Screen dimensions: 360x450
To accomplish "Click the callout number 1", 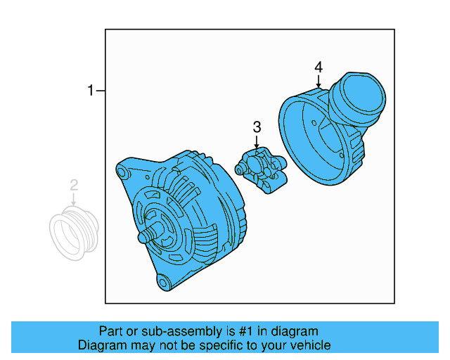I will [x=90, y=91].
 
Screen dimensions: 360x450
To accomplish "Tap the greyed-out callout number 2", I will [x=74, y=186].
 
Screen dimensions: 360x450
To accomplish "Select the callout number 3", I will [x=257, y=127].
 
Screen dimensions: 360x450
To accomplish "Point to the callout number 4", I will [x=319, y=67].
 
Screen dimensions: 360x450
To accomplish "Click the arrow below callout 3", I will [x=257, y=142].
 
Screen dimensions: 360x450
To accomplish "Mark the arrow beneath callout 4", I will [x=319, y=82].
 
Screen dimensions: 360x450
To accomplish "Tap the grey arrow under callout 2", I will [x=74, y=200].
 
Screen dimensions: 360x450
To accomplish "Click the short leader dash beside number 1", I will [x=101, y=91].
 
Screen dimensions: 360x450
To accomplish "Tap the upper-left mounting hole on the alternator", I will [x=122, y=171].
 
